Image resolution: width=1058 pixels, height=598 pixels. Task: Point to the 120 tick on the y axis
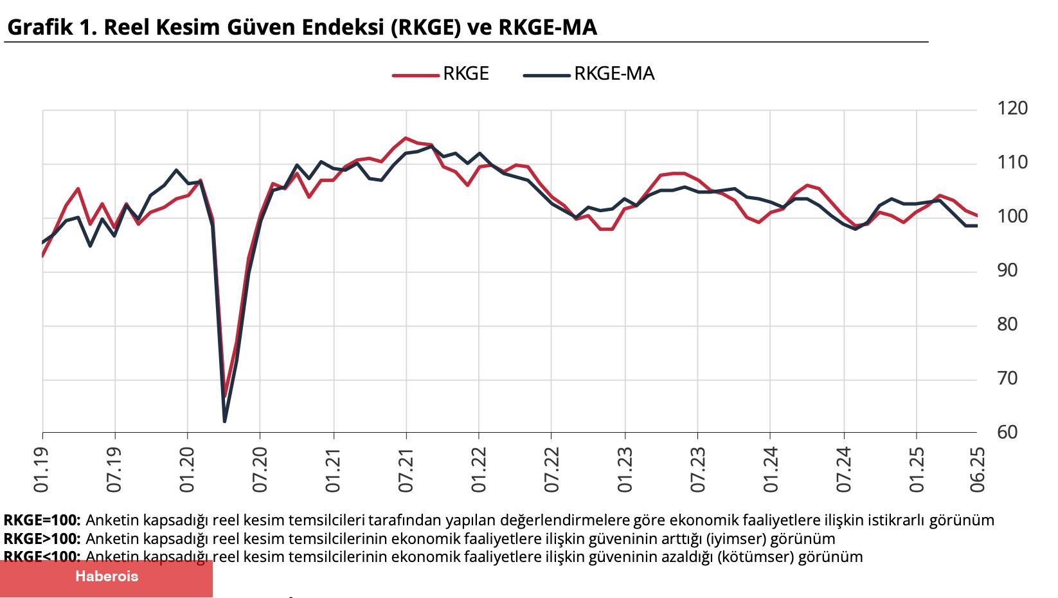tap(1012, 108)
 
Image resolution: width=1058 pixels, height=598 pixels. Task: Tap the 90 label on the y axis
tap(1007, 270)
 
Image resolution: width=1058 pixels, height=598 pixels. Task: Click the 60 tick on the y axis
tap(1007, 432)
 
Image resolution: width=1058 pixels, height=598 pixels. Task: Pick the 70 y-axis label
tap(1007, 378)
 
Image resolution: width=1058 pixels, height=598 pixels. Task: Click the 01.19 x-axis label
tap(42, 471)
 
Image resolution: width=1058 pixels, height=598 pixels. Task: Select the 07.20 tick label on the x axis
tap(260, 471)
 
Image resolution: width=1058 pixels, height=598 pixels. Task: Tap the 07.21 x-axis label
tap(406, 471)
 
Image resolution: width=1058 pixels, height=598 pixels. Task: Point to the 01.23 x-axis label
tap(625, 471)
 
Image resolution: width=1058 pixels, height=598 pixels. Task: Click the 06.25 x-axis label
tap(978, 471)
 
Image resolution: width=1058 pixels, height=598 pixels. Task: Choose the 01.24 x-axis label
tap(771, 471)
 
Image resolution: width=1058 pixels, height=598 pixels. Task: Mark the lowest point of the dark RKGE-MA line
tap(224, 422)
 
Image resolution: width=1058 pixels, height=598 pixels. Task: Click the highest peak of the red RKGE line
tap(406, 138)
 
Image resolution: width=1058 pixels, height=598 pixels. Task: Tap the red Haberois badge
tap(106, 577)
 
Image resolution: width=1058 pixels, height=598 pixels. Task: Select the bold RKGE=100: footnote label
tap(42, 520)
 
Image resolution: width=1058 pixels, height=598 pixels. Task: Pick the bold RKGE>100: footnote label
tap(42, 539)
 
